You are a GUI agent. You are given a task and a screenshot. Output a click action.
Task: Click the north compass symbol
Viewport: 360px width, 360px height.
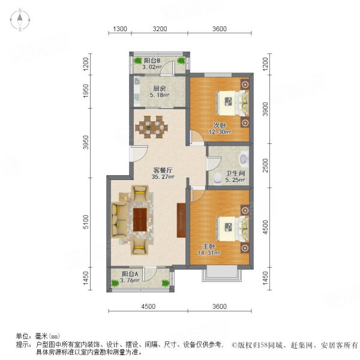[20, 20]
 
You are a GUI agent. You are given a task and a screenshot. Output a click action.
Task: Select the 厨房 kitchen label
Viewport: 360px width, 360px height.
[158, 89]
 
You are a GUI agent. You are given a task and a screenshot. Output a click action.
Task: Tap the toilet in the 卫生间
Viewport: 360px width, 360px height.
[242, 160]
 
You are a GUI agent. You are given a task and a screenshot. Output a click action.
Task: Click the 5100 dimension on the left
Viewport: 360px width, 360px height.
[86, 225]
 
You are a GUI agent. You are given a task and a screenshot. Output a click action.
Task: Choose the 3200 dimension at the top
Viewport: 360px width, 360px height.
[160, 29]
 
